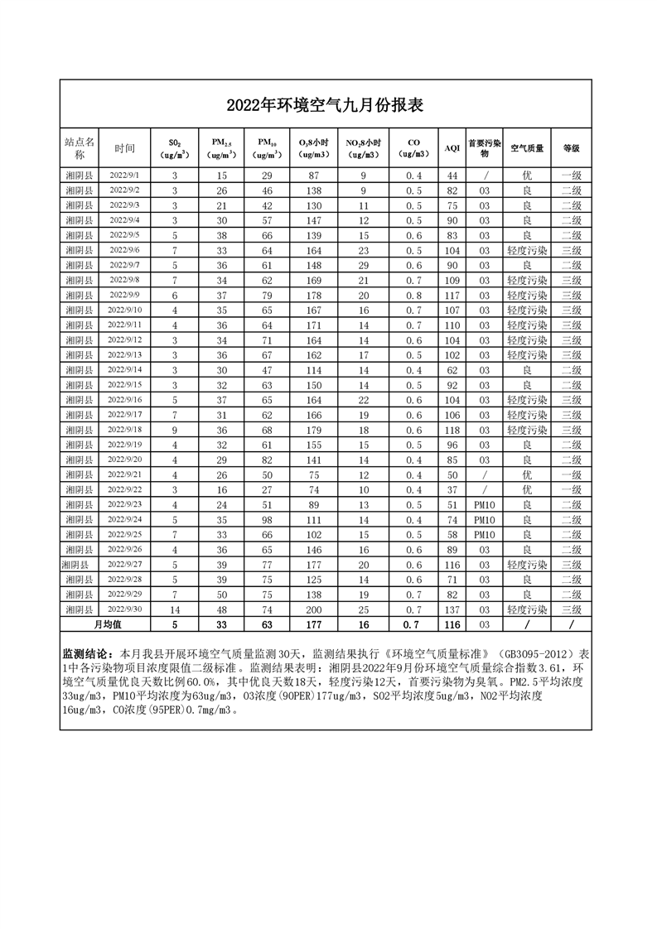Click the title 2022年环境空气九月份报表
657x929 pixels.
pyautogui.click(x=326, y=106)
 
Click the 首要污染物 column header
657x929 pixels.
pyautogui.click(x=485, y=147)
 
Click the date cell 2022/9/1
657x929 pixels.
pyautogui.click(x=125, y=176)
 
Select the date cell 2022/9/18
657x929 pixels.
pyautogui.click(x=125, y=430)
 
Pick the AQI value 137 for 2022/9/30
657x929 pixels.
pyautogui.click(x=452, y=609)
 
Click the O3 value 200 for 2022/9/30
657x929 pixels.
pyautogui.click(x=314, y=609)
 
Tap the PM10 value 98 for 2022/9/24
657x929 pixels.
pyautogui.click(x=267, y=519)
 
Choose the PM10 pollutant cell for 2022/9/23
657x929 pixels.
pyautogui.click(x=485, y=504)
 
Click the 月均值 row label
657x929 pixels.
pyautogui.click(x=108, y=624)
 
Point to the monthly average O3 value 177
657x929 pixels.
pyautogui.click(x=314, y=624)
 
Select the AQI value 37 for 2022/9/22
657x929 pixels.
pyautogui.click(x=452, y=489)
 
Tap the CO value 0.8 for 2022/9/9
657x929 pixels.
pyautogui.click(x=414, y=295)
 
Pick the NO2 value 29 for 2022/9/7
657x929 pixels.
pyautogui.click(x=363, y=265)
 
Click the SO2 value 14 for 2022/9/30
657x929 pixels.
pyautogui.click(x=175, y=609)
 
